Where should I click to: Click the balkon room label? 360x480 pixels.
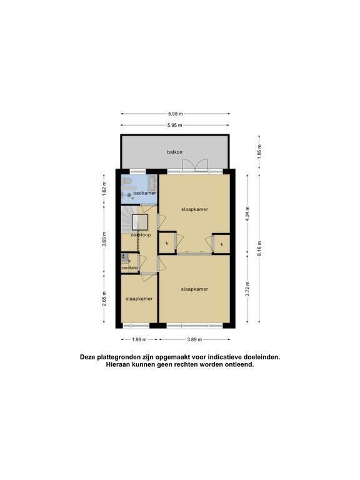pos(175,152)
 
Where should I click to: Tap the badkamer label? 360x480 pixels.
pos(144,193)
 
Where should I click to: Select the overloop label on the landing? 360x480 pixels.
pos(141,235)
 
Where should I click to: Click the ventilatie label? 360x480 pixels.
pos(130,268)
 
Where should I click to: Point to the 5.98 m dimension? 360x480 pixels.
pos(176,114)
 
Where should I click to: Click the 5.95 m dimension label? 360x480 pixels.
pos(175,125)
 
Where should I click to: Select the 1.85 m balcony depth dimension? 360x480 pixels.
pos(259,152)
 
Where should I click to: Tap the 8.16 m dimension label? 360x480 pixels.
pos(259,249)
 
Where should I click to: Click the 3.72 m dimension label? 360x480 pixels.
pos(247,289)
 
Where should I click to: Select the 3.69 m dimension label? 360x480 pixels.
pos(104,240)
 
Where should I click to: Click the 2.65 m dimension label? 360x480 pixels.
pos(104,299)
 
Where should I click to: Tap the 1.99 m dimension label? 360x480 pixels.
pos(139,339)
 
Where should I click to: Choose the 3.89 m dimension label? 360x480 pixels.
pos(195,339)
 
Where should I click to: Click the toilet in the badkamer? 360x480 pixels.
pos(126,181)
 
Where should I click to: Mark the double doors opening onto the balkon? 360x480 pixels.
pos(195,165)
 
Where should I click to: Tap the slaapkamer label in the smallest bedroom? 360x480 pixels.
pos(139,299)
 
